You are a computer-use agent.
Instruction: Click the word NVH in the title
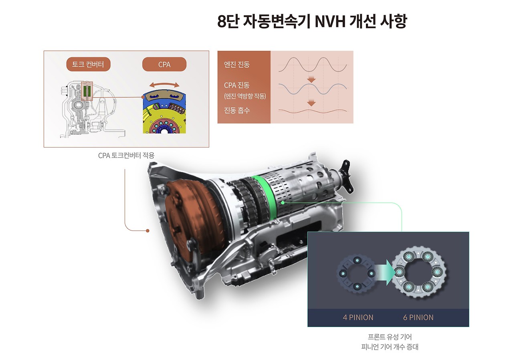click(330, 21)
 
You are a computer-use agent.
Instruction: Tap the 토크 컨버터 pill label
click(89, 64)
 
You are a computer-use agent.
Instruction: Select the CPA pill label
click(164, 64)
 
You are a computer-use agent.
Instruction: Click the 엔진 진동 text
click(236, 65)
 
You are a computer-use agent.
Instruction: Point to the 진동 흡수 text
click(236, 110)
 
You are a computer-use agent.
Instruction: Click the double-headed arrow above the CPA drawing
click(164, 85)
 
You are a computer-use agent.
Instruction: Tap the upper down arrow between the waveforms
click(311, 79)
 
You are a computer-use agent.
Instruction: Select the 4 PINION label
click(358, 318)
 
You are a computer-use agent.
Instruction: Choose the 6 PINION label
click(418, 318)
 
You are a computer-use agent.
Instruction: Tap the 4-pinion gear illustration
click(357, 273)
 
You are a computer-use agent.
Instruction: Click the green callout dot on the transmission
click(283, 203)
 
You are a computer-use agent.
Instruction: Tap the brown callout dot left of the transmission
click(148, 231)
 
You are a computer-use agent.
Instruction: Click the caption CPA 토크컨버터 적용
click(126, 156)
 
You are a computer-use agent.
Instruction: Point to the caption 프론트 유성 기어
click(390, 337)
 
